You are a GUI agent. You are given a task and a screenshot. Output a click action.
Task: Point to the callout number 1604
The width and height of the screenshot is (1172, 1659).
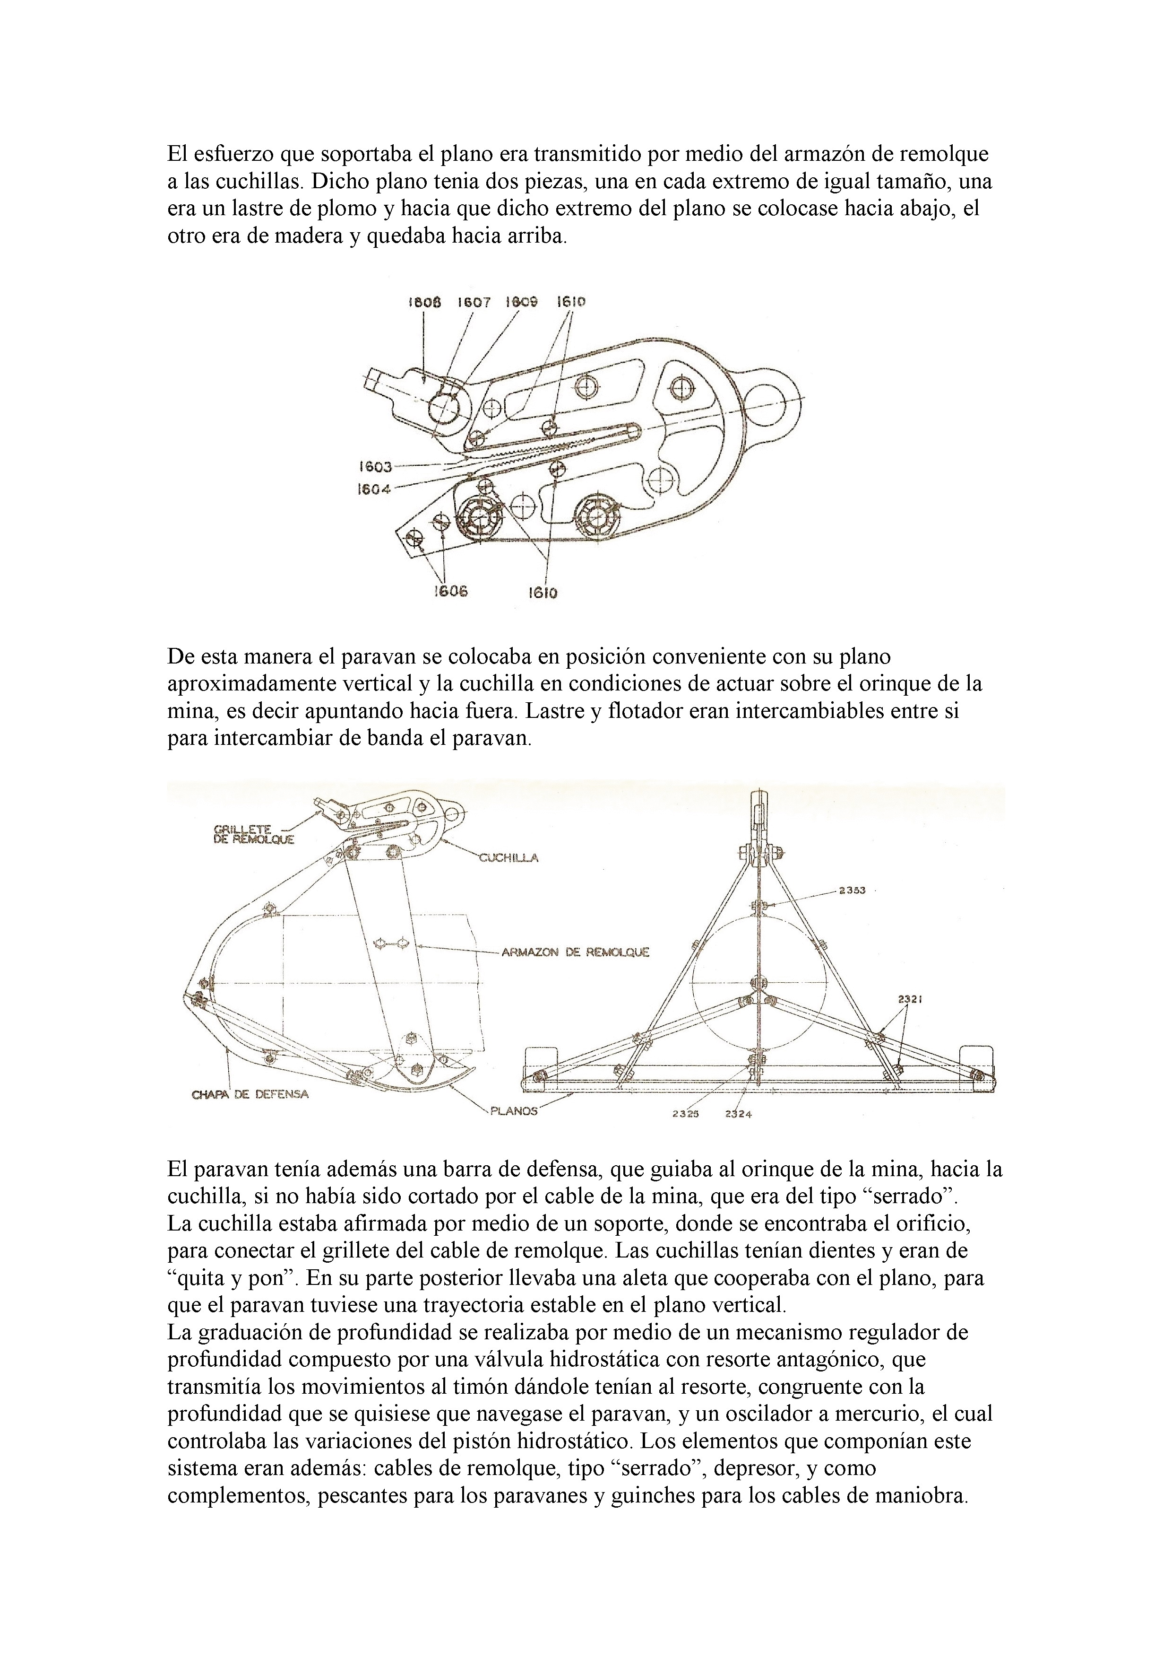click(x=374, y=489)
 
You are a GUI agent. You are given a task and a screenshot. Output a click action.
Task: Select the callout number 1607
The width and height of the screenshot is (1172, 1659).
click(x=473, y=302)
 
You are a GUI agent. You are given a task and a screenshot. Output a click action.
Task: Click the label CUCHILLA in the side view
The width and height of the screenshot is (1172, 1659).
click(x=508, y=858)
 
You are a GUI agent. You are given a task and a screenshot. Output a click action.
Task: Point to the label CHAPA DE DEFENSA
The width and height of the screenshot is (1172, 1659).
click(x=250, y=1094)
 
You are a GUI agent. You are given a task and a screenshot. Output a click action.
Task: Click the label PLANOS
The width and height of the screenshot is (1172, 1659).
click(x=513, y=1111)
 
